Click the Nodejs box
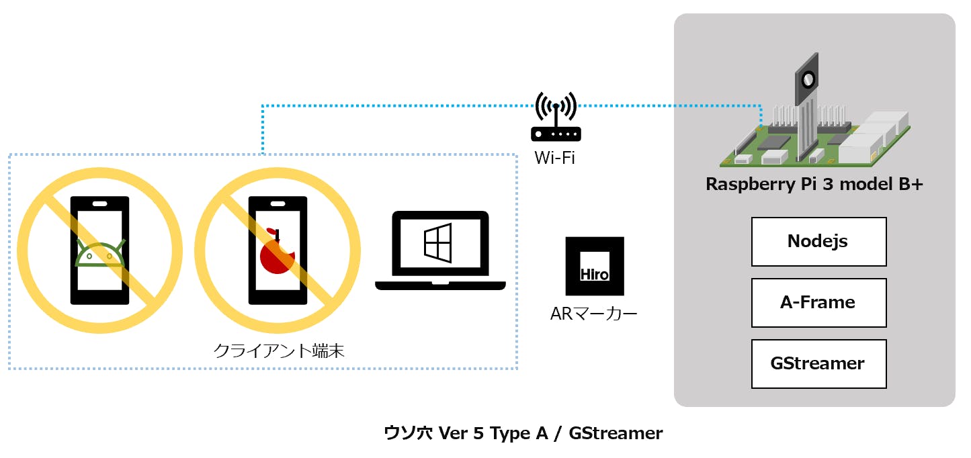(x=818, y=242)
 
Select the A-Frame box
(x=818, y=303)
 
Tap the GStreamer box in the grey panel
(x=818, y=364)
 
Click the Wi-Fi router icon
(x=556, y=121)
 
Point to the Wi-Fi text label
(x=554, y=158)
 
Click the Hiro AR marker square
(x=595, y=266)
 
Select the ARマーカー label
(x=593, y=313)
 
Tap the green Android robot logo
(x=100, y=253)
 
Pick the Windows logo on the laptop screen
(x=440, y=242)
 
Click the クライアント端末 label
(x=279, y=351)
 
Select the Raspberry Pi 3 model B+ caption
(x=814, y=185)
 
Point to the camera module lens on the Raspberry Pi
(x=808, y=80)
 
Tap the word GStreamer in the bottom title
(x=616, y=433)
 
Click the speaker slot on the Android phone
(x=100, y=203)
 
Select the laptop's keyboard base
(x=440, y=285)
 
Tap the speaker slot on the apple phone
(x=278, y=203)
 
